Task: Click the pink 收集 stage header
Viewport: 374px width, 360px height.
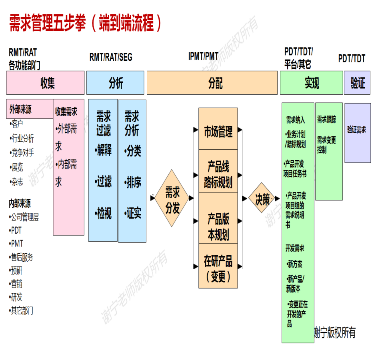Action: [x=45, y=83]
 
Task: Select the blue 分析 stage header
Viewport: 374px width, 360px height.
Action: [x=115, y=83]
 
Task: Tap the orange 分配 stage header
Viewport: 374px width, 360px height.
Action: [x=212, y=83]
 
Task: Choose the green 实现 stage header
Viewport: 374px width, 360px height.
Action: [x=312, y=83]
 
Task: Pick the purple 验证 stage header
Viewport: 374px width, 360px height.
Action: [x=357, y=83]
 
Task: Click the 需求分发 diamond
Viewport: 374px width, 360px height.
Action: [x=172, y=198]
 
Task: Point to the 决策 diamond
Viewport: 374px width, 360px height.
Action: [x=262, y=198]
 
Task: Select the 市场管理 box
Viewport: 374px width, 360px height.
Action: [x=218, y=129]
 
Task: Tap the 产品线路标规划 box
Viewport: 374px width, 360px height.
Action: [x=218, y=171]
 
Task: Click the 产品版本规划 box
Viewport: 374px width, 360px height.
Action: [x=218, y=218]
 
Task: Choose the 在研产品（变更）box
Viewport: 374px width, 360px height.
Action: [x=218, y=266]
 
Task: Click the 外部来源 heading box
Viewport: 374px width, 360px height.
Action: [x=30, y=109]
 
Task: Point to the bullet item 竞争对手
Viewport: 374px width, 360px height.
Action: [x=22, y=153]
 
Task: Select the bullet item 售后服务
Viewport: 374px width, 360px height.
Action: [x=21, y=257]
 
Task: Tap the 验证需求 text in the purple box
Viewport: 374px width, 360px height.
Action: [x=356, y=129]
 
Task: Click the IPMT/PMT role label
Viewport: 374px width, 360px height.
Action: [x=203, y=56]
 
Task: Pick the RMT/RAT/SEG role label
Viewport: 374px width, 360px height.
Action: [x=111, y=57]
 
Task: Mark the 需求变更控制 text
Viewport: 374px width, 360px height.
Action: [x=326, y=145]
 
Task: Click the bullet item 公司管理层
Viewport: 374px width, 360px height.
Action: [x=24, y=217]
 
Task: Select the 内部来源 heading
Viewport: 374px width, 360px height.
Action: [x=20, y=203]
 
